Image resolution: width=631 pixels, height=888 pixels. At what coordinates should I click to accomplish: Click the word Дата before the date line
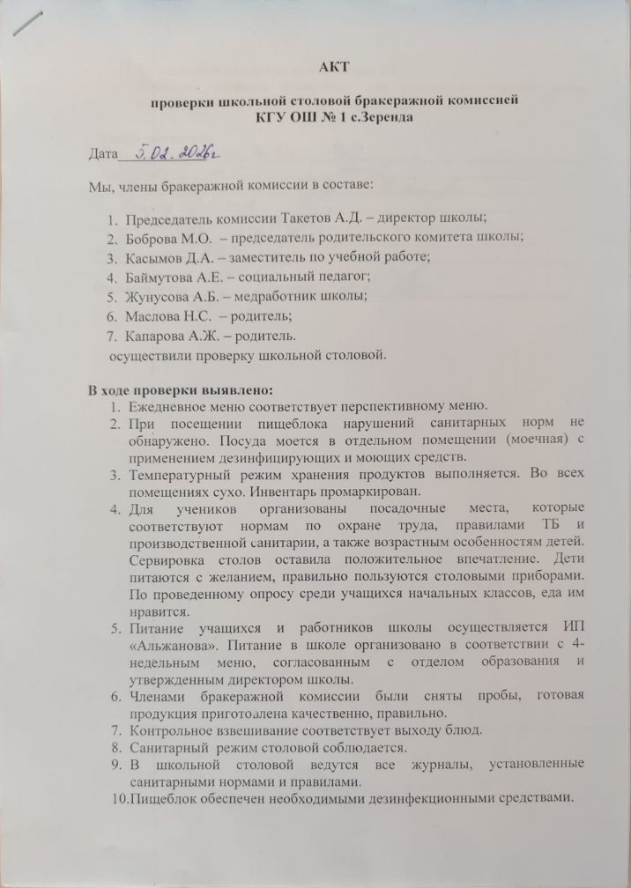(102, 157)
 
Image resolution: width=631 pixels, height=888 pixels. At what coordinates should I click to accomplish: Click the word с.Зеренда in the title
(382, 116)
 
